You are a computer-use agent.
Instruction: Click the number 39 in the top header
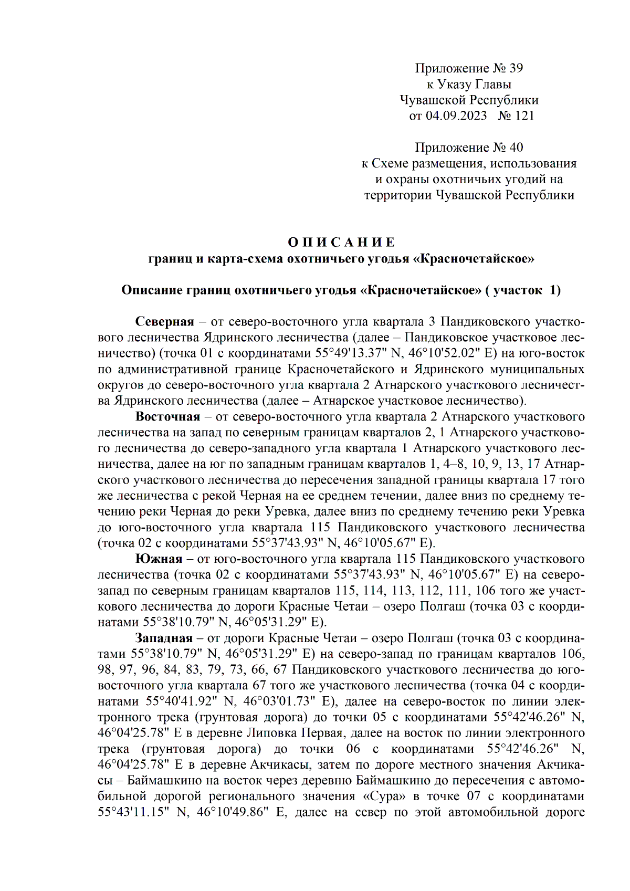click(516, 68)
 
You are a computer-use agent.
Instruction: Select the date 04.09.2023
click(456, 116)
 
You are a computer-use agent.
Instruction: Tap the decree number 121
click(524, 116)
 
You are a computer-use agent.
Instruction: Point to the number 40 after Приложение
click(516, 148)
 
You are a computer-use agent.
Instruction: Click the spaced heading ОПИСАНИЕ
click(341, 242)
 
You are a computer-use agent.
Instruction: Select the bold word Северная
click(164, 321)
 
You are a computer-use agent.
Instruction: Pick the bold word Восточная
click(167, 416)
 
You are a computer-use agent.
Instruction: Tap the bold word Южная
click(159, 559)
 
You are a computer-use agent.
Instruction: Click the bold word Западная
click(164, 638)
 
